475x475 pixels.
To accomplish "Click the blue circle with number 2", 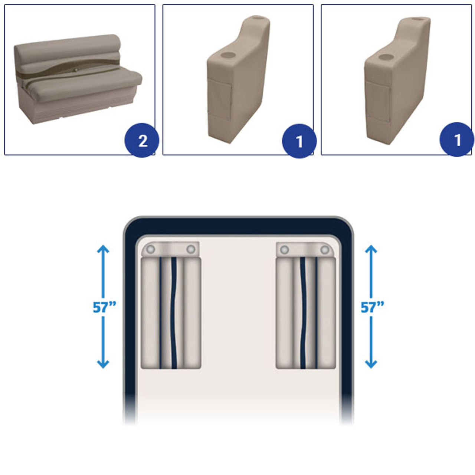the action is pos(142,140).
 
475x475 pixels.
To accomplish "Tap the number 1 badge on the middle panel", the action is pos(299,141).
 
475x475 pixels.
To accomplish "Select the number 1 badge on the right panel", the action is pos(457,140).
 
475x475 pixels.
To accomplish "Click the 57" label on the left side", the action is pos(104,307).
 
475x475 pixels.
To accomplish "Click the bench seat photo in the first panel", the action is pos(78,79).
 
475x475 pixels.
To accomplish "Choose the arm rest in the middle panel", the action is pos(238,79).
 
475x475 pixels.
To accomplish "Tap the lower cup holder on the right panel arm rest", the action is pos(386,57).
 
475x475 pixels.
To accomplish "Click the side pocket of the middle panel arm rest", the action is pos(219,99).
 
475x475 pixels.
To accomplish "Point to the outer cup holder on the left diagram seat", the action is pos(151,249).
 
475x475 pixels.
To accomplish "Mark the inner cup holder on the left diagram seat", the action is pos(191,249).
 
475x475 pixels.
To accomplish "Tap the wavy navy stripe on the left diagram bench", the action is pos(174,313).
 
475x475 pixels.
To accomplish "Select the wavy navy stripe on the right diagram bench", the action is pos(303,313).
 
